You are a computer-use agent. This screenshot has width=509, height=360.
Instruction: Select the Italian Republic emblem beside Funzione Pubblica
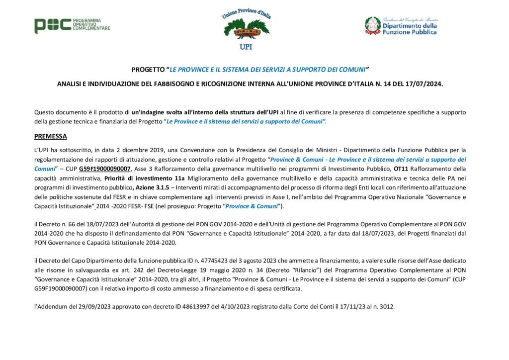(372, 25)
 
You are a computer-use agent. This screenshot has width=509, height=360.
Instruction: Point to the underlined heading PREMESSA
(50, 136)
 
